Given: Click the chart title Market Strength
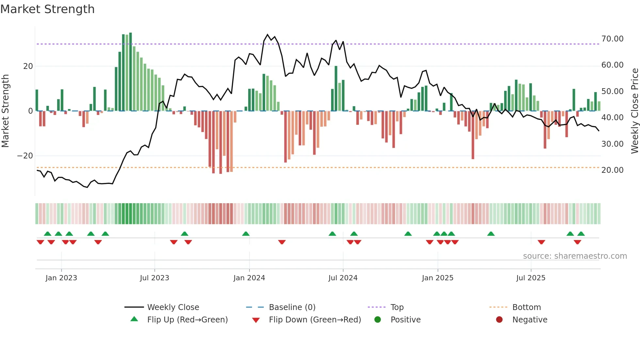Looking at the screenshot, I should tap(47, 9).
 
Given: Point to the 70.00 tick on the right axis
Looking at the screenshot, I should tap(612, 39).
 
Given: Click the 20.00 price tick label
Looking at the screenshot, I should tap(612, 170).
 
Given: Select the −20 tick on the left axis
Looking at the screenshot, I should tap(25, 156).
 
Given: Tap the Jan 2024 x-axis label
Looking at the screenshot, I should tap(249, 278).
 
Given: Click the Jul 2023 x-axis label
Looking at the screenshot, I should tap(154, 278).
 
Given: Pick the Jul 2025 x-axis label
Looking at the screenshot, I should tap(531, 278).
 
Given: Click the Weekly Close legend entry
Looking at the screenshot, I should tap(173, 307).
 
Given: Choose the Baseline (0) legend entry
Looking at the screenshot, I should tap(292, 307).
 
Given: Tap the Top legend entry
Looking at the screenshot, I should tap(397, 307).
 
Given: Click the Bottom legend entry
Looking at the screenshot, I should tap(526, 307).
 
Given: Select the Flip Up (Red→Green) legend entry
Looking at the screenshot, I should tap(187, 320).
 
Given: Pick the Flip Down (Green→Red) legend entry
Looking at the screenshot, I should tap(315, 320).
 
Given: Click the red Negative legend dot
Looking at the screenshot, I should tap(499, 320).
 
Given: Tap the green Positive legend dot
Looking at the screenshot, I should tap(378, 320).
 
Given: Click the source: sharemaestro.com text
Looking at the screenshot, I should tap(575, 256).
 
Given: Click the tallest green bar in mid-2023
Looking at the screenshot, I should tap(131, 72).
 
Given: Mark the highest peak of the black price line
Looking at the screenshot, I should tap(267, 35).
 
